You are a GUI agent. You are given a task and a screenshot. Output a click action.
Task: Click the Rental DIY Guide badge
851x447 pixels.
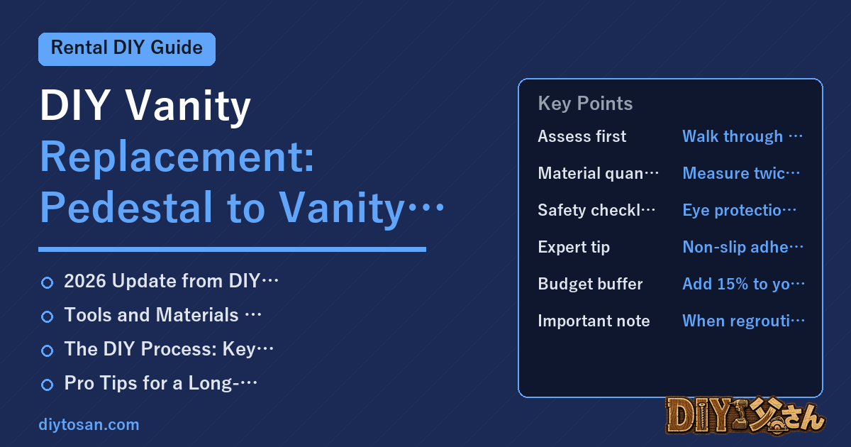point(127,49)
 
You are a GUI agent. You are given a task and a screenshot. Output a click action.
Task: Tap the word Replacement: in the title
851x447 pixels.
point(177,158)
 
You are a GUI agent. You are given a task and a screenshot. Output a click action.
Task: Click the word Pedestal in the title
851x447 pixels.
point(126,207)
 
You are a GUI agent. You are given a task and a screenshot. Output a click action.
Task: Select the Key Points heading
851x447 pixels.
point(585,104)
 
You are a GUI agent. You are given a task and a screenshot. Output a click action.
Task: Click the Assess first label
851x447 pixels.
point(582,136)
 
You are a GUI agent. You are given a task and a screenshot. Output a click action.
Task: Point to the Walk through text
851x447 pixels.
point(733,136)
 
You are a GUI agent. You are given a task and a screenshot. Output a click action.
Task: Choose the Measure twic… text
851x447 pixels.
point(741,173)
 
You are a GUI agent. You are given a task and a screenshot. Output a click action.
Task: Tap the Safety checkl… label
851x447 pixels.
point(596,210)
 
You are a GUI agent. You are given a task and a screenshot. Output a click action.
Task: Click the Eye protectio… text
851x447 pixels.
point(739,210)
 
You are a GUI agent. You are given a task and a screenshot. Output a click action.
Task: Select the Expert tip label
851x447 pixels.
point(574,247)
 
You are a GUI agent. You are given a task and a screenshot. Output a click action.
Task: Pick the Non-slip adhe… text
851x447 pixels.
point(743,247)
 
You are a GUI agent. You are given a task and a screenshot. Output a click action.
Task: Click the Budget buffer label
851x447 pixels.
point(590,284)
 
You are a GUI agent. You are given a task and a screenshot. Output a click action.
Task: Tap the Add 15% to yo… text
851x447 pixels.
point(744,284)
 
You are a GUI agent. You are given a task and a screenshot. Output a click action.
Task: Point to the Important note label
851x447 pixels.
point(594,321)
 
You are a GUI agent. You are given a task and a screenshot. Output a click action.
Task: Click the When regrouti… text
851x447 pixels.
point(744,321)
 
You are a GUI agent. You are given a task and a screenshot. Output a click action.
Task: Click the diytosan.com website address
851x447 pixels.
point(89,424)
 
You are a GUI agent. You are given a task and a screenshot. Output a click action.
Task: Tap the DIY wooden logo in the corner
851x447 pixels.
point(745,415)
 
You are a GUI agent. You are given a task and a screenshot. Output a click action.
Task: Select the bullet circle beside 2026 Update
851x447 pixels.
point(47,283)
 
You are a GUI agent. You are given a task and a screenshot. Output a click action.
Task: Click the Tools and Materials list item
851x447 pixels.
point(162,315)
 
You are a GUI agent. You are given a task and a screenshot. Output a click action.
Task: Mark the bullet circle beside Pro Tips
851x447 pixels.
point(47,385)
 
